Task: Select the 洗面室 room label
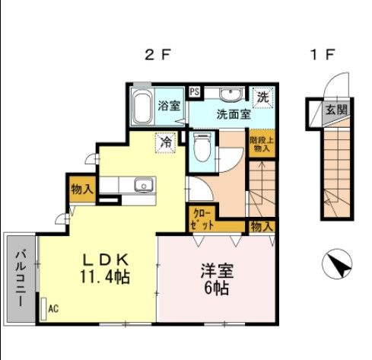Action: coord(233,116)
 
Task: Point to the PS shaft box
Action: coord(195,92)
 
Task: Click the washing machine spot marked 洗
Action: coord(262,97)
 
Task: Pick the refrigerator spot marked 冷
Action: coord(164,141)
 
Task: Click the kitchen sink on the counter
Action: coord(141,186)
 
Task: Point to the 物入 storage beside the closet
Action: coord(261,226)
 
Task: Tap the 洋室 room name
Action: coord(217,271)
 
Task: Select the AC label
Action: coord(53,309)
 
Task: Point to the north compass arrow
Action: coord(338,266)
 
